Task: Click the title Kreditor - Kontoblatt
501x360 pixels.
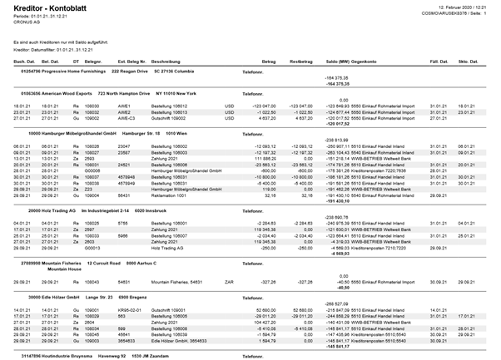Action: [41, 7]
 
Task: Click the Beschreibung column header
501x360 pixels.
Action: [167, 61]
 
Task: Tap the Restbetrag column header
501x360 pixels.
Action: [300, 61]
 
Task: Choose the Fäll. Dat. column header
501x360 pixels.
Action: [439, 61]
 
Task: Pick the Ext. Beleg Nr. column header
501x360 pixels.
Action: [131, 61]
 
